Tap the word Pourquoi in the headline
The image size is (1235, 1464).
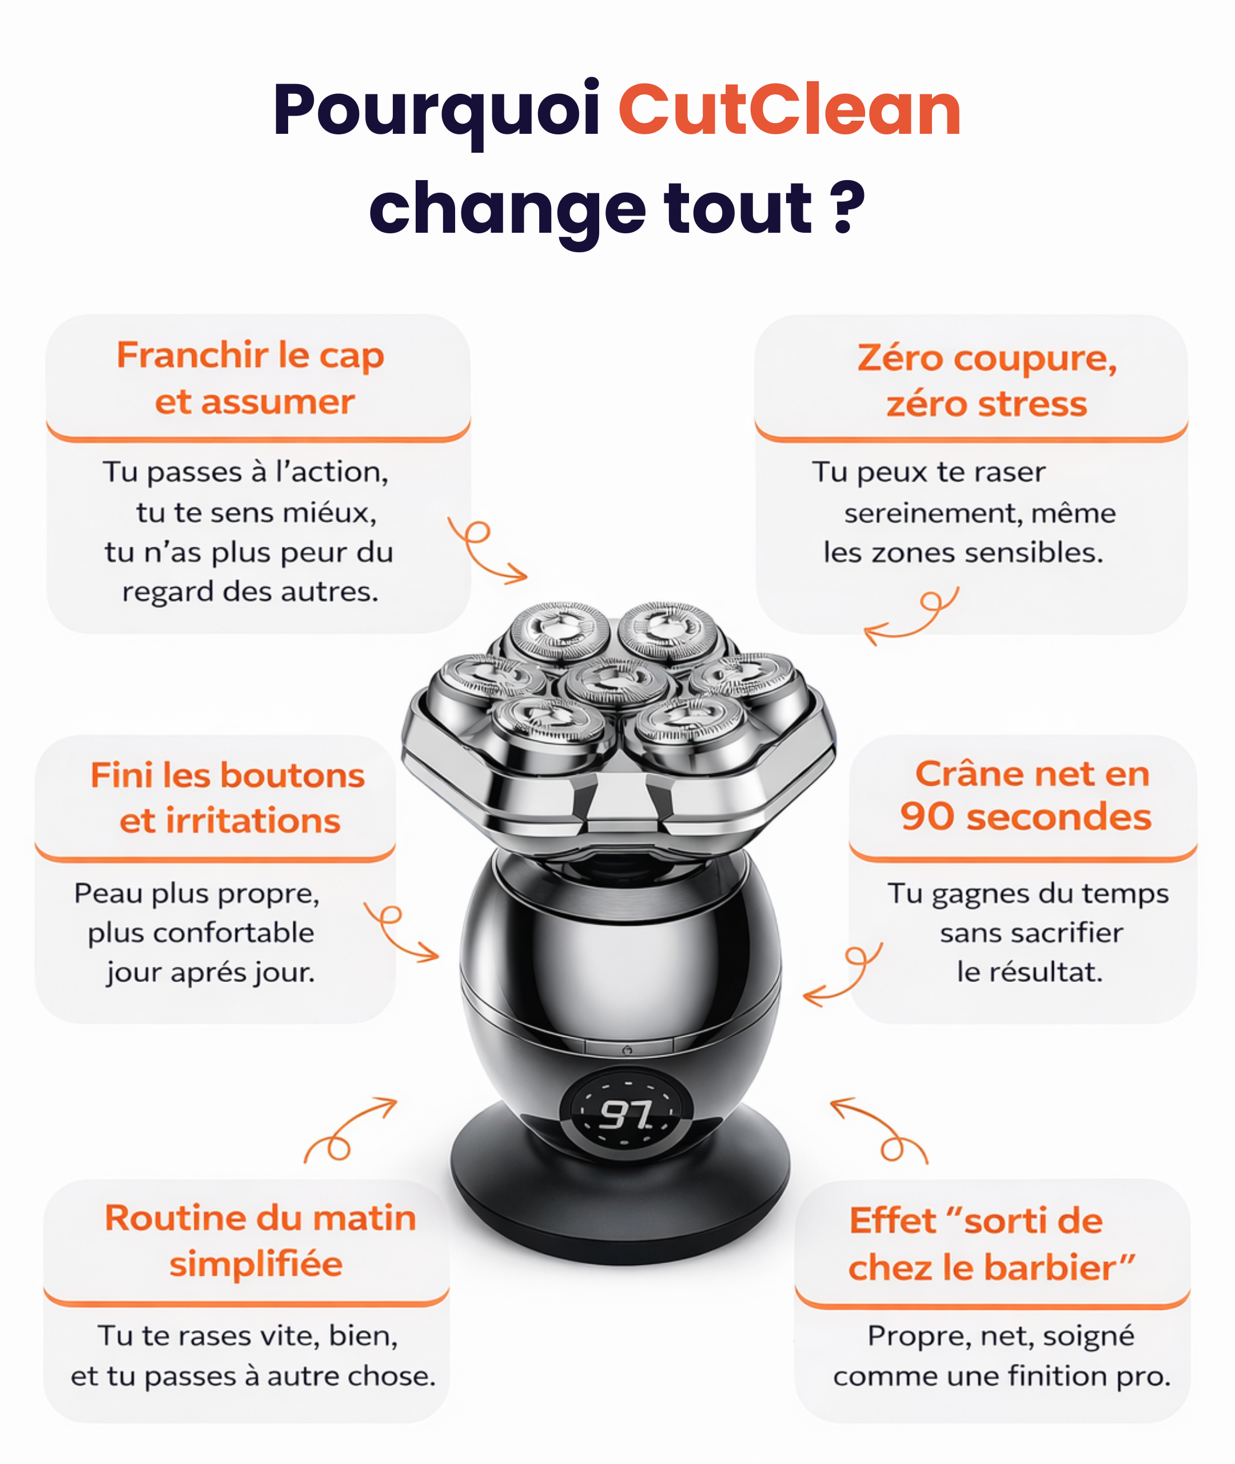click(x=436, y=113)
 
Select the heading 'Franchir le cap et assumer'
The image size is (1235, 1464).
click(x=250, y=378)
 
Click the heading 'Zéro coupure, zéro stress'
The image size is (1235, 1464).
click(x=987, y=380)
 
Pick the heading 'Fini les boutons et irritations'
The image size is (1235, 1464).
click(x=228, y=797)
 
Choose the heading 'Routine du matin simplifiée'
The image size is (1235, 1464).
click(x=260, y=1242)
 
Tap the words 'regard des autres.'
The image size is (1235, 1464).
click(x=250, y=592)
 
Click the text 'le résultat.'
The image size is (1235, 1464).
click(x=1029, y=972)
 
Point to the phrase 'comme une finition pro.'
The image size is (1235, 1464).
click(x=1001, y=1377)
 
